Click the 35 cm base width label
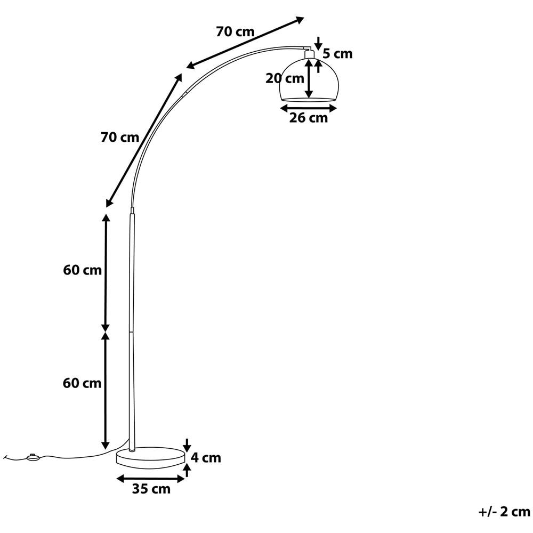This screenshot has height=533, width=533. point(151,489)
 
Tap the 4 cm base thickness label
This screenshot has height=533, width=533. point(206,458)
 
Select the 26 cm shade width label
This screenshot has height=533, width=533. point(309,118)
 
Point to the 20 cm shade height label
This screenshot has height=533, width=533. point(285,78)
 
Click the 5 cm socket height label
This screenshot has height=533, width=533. point(337,54)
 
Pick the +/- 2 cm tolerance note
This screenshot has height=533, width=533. point(504,512)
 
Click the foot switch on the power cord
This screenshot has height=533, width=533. point(33,457)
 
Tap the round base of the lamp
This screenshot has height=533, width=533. point(151,457)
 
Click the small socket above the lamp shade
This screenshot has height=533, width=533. point(309,54)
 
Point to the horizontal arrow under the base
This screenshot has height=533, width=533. point(151,479)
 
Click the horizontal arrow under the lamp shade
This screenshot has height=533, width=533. point(309,108)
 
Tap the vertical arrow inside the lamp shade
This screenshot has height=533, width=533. point(309,79)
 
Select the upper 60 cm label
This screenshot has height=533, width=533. point(82,270)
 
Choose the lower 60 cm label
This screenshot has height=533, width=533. point(82,383)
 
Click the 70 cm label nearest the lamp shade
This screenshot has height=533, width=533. point(235,31)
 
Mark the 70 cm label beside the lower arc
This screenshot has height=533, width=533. point(120,138)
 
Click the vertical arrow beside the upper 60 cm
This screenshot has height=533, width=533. point(106,272)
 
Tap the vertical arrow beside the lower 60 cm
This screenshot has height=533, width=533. point(106,391)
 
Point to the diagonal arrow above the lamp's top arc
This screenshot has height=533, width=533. point(245,43)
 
